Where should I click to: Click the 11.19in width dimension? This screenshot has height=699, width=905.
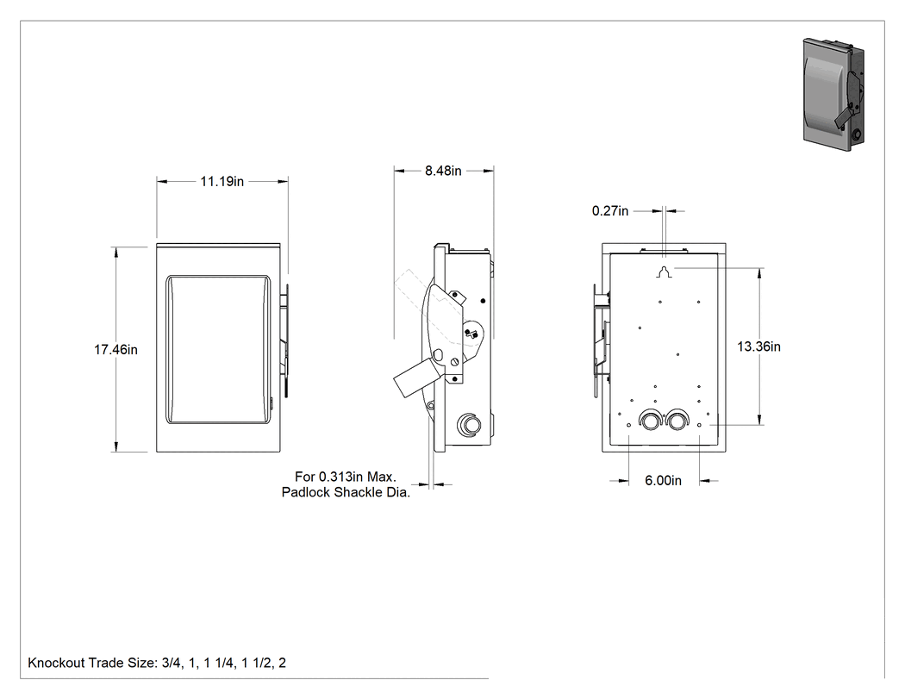[222, 181]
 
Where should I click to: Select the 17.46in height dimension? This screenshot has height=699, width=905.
[116, 349]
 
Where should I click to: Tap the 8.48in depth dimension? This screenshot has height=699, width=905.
[443, 171]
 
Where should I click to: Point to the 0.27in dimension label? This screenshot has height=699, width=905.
[610, 210]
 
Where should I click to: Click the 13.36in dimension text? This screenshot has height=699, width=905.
[759, 346]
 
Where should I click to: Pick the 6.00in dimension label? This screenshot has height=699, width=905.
[663, 480]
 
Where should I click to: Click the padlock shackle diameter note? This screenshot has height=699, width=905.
[346, 484]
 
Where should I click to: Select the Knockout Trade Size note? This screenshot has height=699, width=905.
[157, 663]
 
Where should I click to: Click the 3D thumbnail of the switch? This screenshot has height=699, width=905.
[834, 94]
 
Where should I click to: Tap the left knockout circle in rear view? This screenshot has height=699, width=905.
[649, 420]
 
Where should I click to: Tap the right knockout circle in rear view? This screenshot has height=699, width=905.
[676, 420]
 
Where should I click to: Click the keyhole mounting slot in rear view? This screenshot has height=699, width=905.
[664, 271]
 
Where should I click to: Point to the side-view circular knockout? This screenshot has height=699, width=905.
[469, 426]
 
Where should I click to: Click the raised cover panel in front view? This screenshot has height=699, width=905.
[218, 350]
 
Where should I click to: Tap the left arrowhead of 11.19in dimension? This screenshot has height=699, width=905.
[162, 181]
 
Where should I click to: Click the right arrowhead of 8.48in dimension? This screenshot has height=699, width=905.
[489, 171]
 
